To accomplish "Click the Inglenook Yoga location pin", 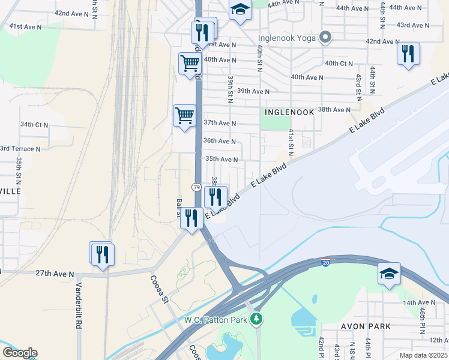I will pos(325,38).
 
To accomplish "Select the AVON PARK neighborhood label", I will pos(366,326).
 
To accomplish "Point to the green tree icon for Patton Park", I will pos(257,319).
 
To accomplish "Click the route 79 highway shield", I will pos(196,187).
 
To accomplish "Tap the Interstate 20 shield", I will pos(325,263).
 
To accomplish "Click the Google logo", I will pos(20,352).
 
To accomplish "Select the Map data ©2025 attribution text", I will pos(423,355).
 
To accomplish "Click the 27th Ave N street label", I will pos(55,273).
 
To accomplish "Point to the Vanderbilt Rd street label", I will pos(78,306).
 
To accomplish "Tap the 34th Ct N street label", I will pos(34,125).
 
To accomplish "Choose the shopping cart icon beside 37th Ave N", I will pos(184,115).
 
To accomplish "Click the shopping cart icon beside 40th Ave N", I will pos(190,62).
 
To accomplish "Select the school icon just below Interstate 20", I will pos(388,274).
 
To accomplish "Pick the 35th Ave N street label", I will pos(222,160).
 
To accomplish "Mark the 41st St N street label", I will pos(291,142).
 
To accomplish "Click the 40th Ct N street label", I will pos(339,63).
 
